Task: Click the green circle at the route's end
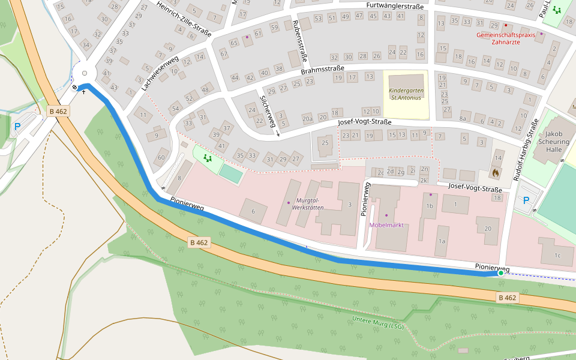coord(501,273)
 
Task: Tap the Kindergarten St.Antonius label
coord(406,94)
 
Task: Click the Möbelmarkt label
coord(386,225)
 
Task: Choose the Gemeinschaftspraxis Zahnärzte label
coord(505,38)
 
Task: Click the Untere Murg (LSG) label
coord(378,323)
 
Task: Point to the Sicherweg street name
coord(268,112)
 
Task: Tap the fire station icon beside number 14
coord(495,172)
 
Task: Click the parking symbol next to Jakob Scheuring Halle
coord(526,200)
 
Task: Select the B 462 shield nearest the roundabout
coord(58,111)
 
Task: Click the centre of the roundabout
coord(84,73)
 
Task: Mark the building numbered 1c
coord(557,256)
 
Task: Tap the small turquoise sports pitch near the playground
coord(232,174)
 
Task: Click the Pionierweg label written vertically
coord(364,200)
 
